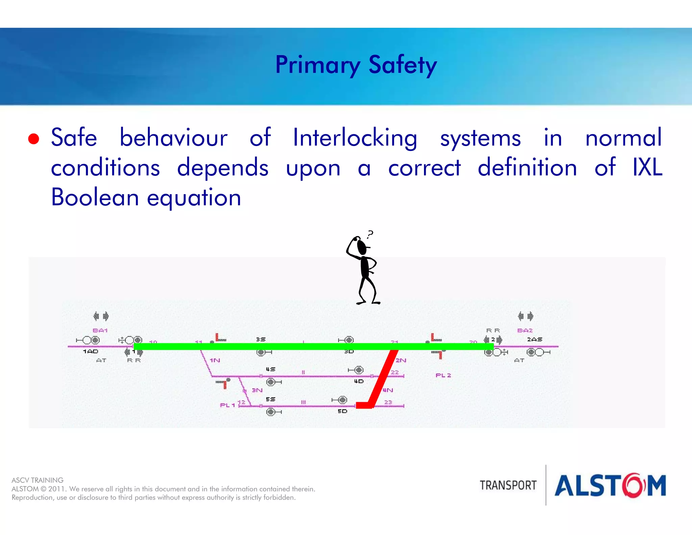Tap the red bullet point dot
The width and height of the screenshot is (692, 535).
click(33, 138)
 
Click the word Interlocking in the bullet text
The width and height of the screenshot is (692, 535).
click(355, 138)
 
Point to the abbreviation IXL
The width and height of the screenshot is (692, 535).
click(647, 167)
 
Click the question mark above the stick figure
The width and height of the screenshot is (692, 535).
click(371, 234)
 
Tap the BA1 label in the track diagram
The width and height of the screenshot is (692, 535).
click(100, 330)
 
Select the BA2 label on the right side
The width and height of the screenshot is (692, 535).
click(525, 330)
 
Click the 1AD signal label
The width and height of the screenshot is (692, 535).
click(91, 351)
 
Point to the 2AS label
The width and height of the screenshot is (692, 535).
click(535, 339)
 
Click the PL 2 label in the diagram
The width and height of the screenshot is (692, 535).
click(443, 375)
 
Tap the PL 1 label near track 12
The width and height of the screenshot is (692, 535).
click(227, 405)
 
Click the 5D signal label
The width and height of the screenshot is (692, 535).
click(342, 411)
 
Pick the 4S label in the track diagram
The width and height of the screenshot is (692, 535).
click(270, 369)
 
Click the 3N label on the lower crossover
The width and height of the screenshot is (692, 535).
click(257, 390)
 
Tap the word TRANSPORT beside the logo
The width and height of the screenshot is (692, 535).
click(508, 485)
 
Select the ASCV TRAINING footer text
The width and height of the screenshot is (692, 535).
click(38, 480)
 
